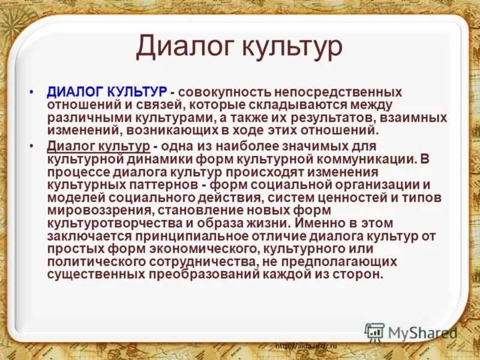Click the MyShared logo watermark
tap(411, 332)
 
